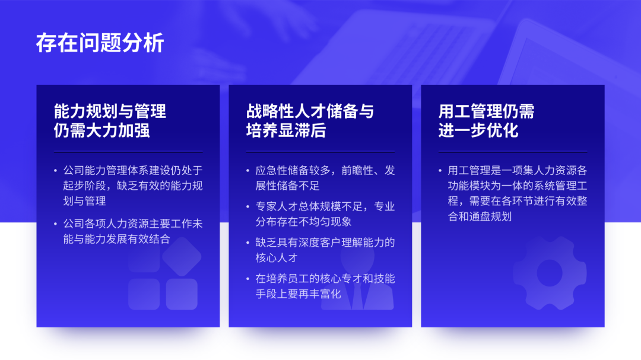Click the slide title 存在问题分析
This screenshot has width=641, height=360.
tap(100, 43)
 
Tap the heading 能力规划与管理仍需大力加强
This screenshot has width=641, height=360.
tap(110, 121)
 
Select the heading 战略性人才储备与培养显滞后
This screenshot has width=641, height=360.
tap(310, 121)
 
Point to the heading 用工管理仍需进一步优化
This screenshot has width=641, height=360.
tap(487, 121)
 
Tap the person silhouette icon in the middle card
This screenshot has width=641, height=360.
tap(357, 278)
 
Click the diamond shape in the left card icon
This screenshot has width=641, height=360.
tap(182, 257)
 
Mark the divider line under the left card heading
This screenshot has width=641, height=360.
tap(128, 152)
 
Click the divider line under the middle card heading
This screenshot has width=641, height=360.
tap(320, 152)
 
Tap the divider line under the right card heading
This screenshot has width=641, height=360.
tap(513, 152)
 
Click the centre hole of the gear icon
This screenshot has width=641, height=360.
tap(550, 273)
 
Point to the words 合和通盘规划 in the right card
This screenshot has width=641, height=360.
tap(480, 216)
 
